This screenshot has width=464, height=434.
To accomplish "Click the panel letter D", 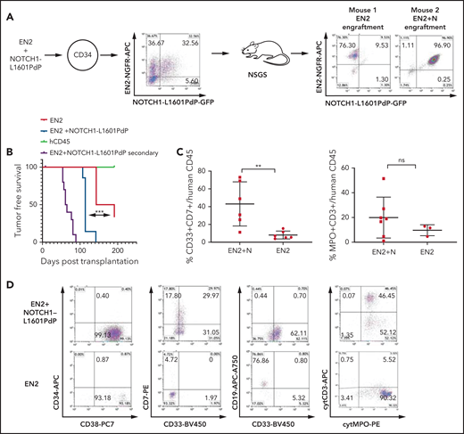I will coord(8,283).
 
